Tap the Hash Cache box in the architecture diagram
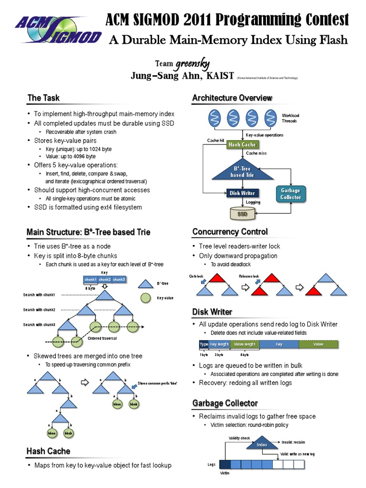click(x=242, y=144)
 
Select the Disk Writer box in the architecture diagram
click(x=242, y=193)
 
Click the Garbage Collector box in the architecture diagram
click(x=290, y=194)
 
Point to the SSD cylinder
click(x=243, y=214)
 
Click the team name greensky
click(x=193, y=64)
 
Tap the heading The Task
click(x=43, y=98)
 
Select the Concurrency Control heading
click(x=230, y=232)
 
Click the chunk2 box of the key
click(x=104, y=279)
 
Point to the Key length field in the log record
click(x=220, y=344)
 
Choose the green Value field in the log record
click(x=318, y=344)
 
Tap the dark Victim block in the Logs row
click(x=224, y=464)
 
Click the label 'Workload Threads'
click(x=290, y=118)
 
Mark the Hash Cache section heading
click(x=48, y=451)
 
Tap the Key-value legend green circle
click(x=146, y=298)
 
